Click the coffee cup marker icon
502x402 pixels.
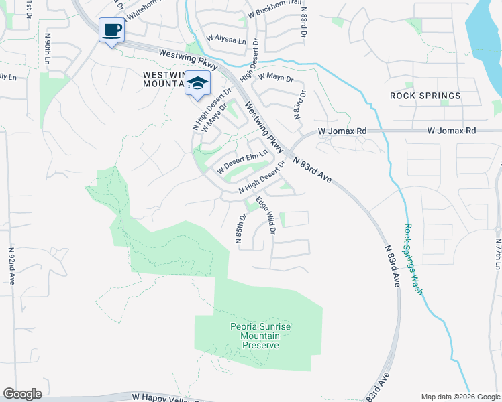tap(111, 29)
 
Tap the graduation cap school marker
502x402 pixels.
tap(197, 84)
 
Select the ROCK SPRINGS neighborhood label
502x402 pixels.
tap(425, 96)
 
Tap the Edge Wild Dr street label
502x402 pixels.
tap(265, 214)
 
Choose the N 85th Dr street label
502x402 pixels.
tap(239, 228)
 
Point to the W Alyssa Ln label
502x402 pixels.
tap(226, 40)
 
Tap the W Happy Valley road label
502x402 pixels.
tap(161, 397)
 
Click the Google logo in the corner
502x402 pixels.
tap(22, 394)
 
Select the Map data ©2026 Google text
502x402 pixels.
tap(460, 397)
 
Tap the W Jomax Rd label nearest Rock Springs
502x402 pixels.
tap(452, 130)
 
